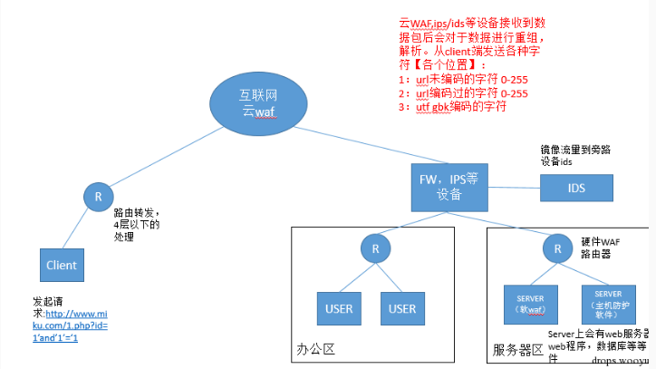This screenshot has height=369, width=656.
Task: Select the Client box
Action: (x=63, y=265)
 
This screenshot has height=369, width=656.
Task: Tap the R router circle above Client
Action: (x=98, y=196)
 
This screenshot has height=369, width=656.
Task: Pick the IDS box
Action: (x=576, y=188)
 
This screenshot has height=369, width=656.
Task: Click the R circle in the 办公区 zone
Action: (x=373, y=248)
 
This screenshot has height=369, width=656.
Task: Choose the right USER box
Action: (x=402, y=309)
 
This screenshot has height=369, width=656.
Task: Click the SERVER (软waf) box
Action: (x=529, y=304)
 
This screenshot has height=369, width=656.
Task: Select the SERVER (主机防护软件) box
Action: (x=609, y=304)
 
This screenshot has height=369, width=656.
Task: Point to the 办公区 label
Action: (x=317, y=348)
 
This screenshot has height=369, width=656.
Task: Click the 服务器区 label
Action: (x=517, y=349)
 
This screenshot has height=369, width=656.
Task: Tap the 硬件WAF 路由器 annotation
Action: (x=599, y=248)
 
